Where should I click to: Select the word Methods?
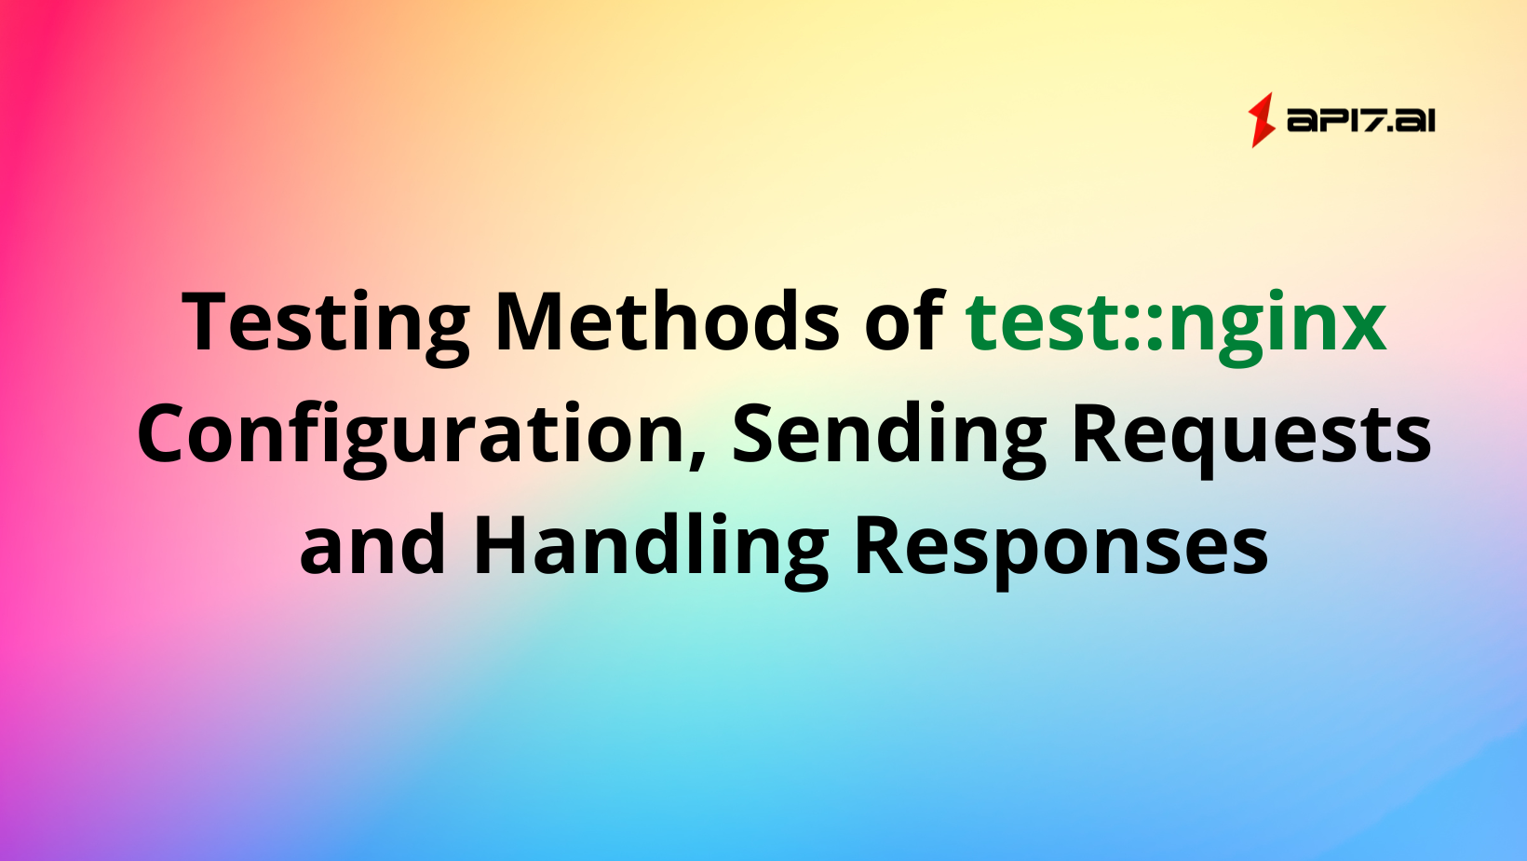coord(668,322)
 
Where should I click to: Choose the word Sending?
coord(889,434)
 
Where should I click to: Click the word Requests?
coord(1251,434)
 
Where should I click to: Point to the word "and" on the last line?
coord(372,546)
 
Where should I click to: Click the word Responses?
coord(1061,546)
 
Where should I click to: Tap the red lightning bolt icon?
coord(1262,120)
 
